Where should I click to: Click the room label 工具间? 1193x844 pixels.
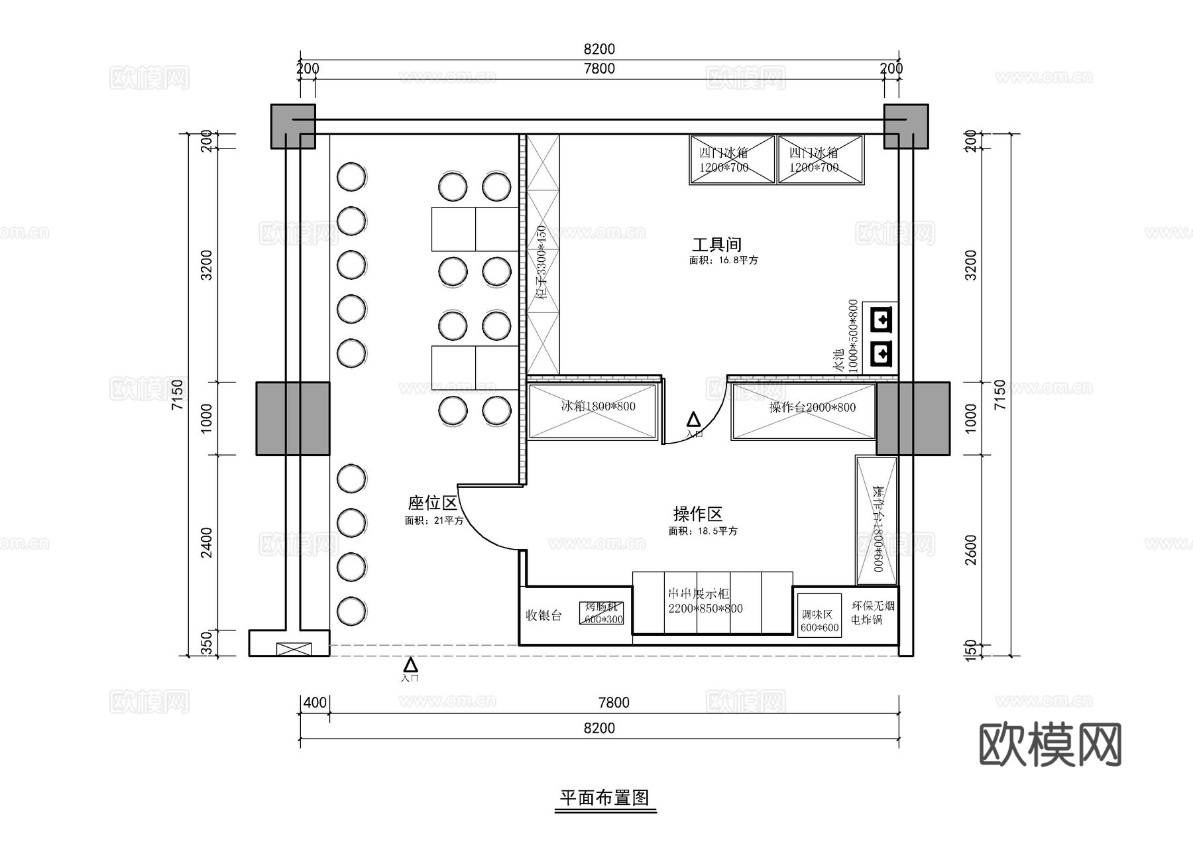[716, 245]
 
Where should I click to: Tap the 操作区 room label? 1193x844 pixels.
[697, 514]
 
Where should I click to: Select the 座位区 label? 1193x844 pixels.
[433, 503]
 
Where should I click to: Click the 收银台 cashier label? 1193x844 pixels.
[543, 615]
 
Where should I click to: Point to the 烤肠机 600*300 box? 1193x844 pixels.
[602, 613]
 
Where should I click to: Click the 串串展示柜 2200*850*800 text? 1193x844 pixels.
[705, 601]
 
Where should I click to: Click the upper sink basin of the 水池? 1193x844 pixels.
[883, 320]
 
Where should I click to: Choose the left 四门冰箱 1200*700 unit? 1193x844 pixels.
[732, 159]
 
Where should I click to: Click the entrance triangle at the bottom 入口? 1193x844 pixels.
[411, 664]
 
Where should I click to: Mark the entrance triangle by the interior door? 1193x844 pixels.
[693, 420]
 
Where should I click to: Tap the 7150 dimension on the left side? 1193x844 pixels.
[177, 394]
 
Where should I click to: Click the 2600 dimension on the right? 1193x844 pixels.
[970, 550]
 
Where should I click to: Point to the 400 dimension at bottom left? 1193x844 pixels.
[315, 702]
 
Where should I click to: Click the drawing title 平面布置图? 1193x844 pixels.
[604, 798]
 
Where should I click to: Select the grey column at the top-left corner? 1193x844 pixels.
[292, 126]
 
